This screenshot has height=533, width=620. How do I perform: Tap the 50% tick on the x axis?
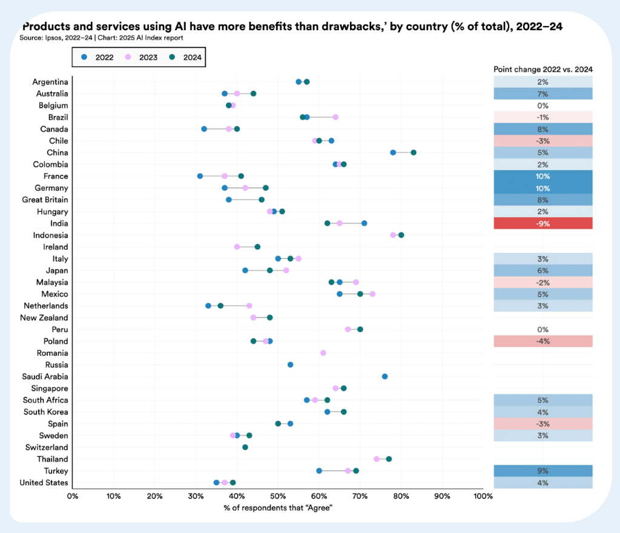coord(278,496)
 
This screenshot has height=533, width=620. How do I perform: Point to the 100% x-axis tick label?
coord(482,496)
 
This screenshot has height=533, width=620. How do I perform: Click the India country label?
coord(59,223)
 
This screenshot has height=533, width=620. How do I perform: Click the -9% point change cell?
coord(542,223)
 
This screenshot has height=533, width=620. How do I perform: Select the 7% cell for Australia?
coord(542,94)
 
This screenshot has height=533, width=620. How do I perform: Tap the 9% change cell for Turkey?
coord(542,471)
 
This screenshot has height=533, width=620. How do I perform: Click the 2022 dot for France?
coord(200,176)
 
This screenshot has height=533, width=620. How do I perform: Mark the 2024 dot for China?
coord(414,152)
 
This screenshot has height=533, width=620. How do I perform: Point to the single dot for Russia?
coord(290,365)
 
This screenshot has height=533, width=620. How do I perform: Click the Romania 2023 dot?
coord(323,353)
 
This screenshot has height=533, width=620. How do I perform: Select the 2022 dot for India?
coord(364,223)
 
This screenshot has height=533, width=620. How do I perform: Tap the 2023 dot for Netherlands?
coord(249,306)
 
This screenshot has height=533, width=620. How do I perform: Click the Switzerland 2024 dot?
coord(245,447)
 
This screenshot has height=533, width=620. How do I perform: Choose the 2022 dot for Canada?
coord(204,129)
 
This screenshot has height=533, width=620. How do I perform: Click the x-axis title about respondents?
coord(278,507)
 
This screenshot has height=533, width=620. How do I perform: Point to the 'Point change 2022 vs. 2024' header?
coord(542,69)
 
